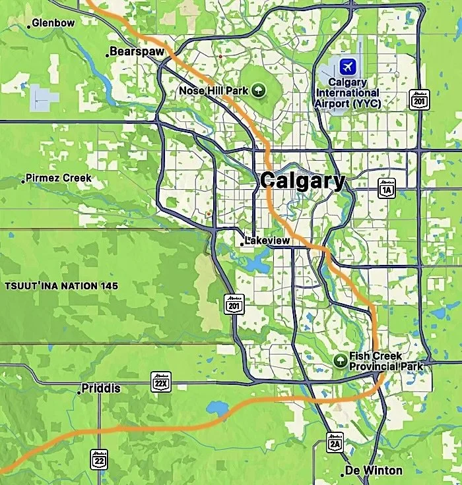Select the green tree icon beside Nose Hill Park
(258, 90)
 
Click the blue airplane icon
(347, 66)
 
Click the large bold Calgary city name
(302, 181)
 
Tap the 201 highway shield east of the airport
(418, 99)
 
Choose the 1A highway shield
(386, 188)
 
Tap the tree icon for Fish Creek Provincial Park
(340, 360)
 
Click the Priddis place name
(101, 389)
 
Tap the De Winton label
(374, 471)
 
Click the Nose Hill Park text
(213, 90)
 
